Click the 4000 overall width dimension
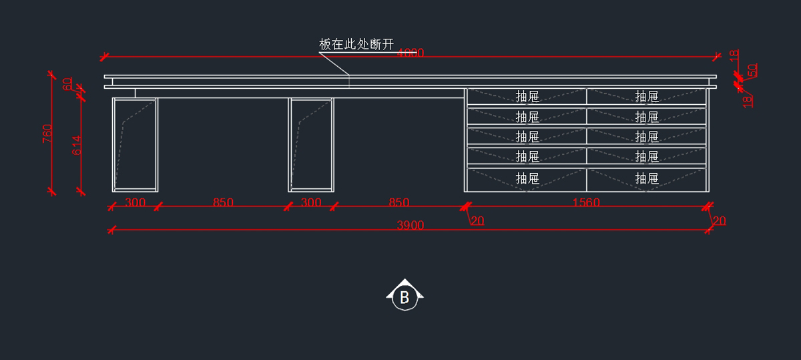[411, 53]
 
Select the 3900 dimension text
[410, 226]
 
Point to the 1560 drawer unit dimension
[586, 202]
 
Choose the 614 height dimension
[76, 146]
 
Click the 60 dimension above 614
[67, 84]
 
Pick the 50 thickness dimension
[752, 70]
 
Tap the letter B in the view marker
[405, 298]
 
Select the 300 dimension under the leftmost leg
[136, 202]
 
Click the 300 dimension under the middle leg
[311, 202]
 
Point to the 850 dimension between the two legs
[223, 202]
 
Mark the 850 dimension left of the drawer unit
[398, 202]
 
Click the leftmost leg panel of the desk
[136, 144]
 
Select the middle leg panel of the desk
[311, 144]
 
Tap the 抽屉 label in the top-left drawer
[527, 97]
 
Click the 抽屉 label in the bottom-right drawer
[647, 178]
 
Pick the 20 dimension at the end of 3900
[719, 221]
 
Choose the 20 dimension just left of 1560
[477, 221]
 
